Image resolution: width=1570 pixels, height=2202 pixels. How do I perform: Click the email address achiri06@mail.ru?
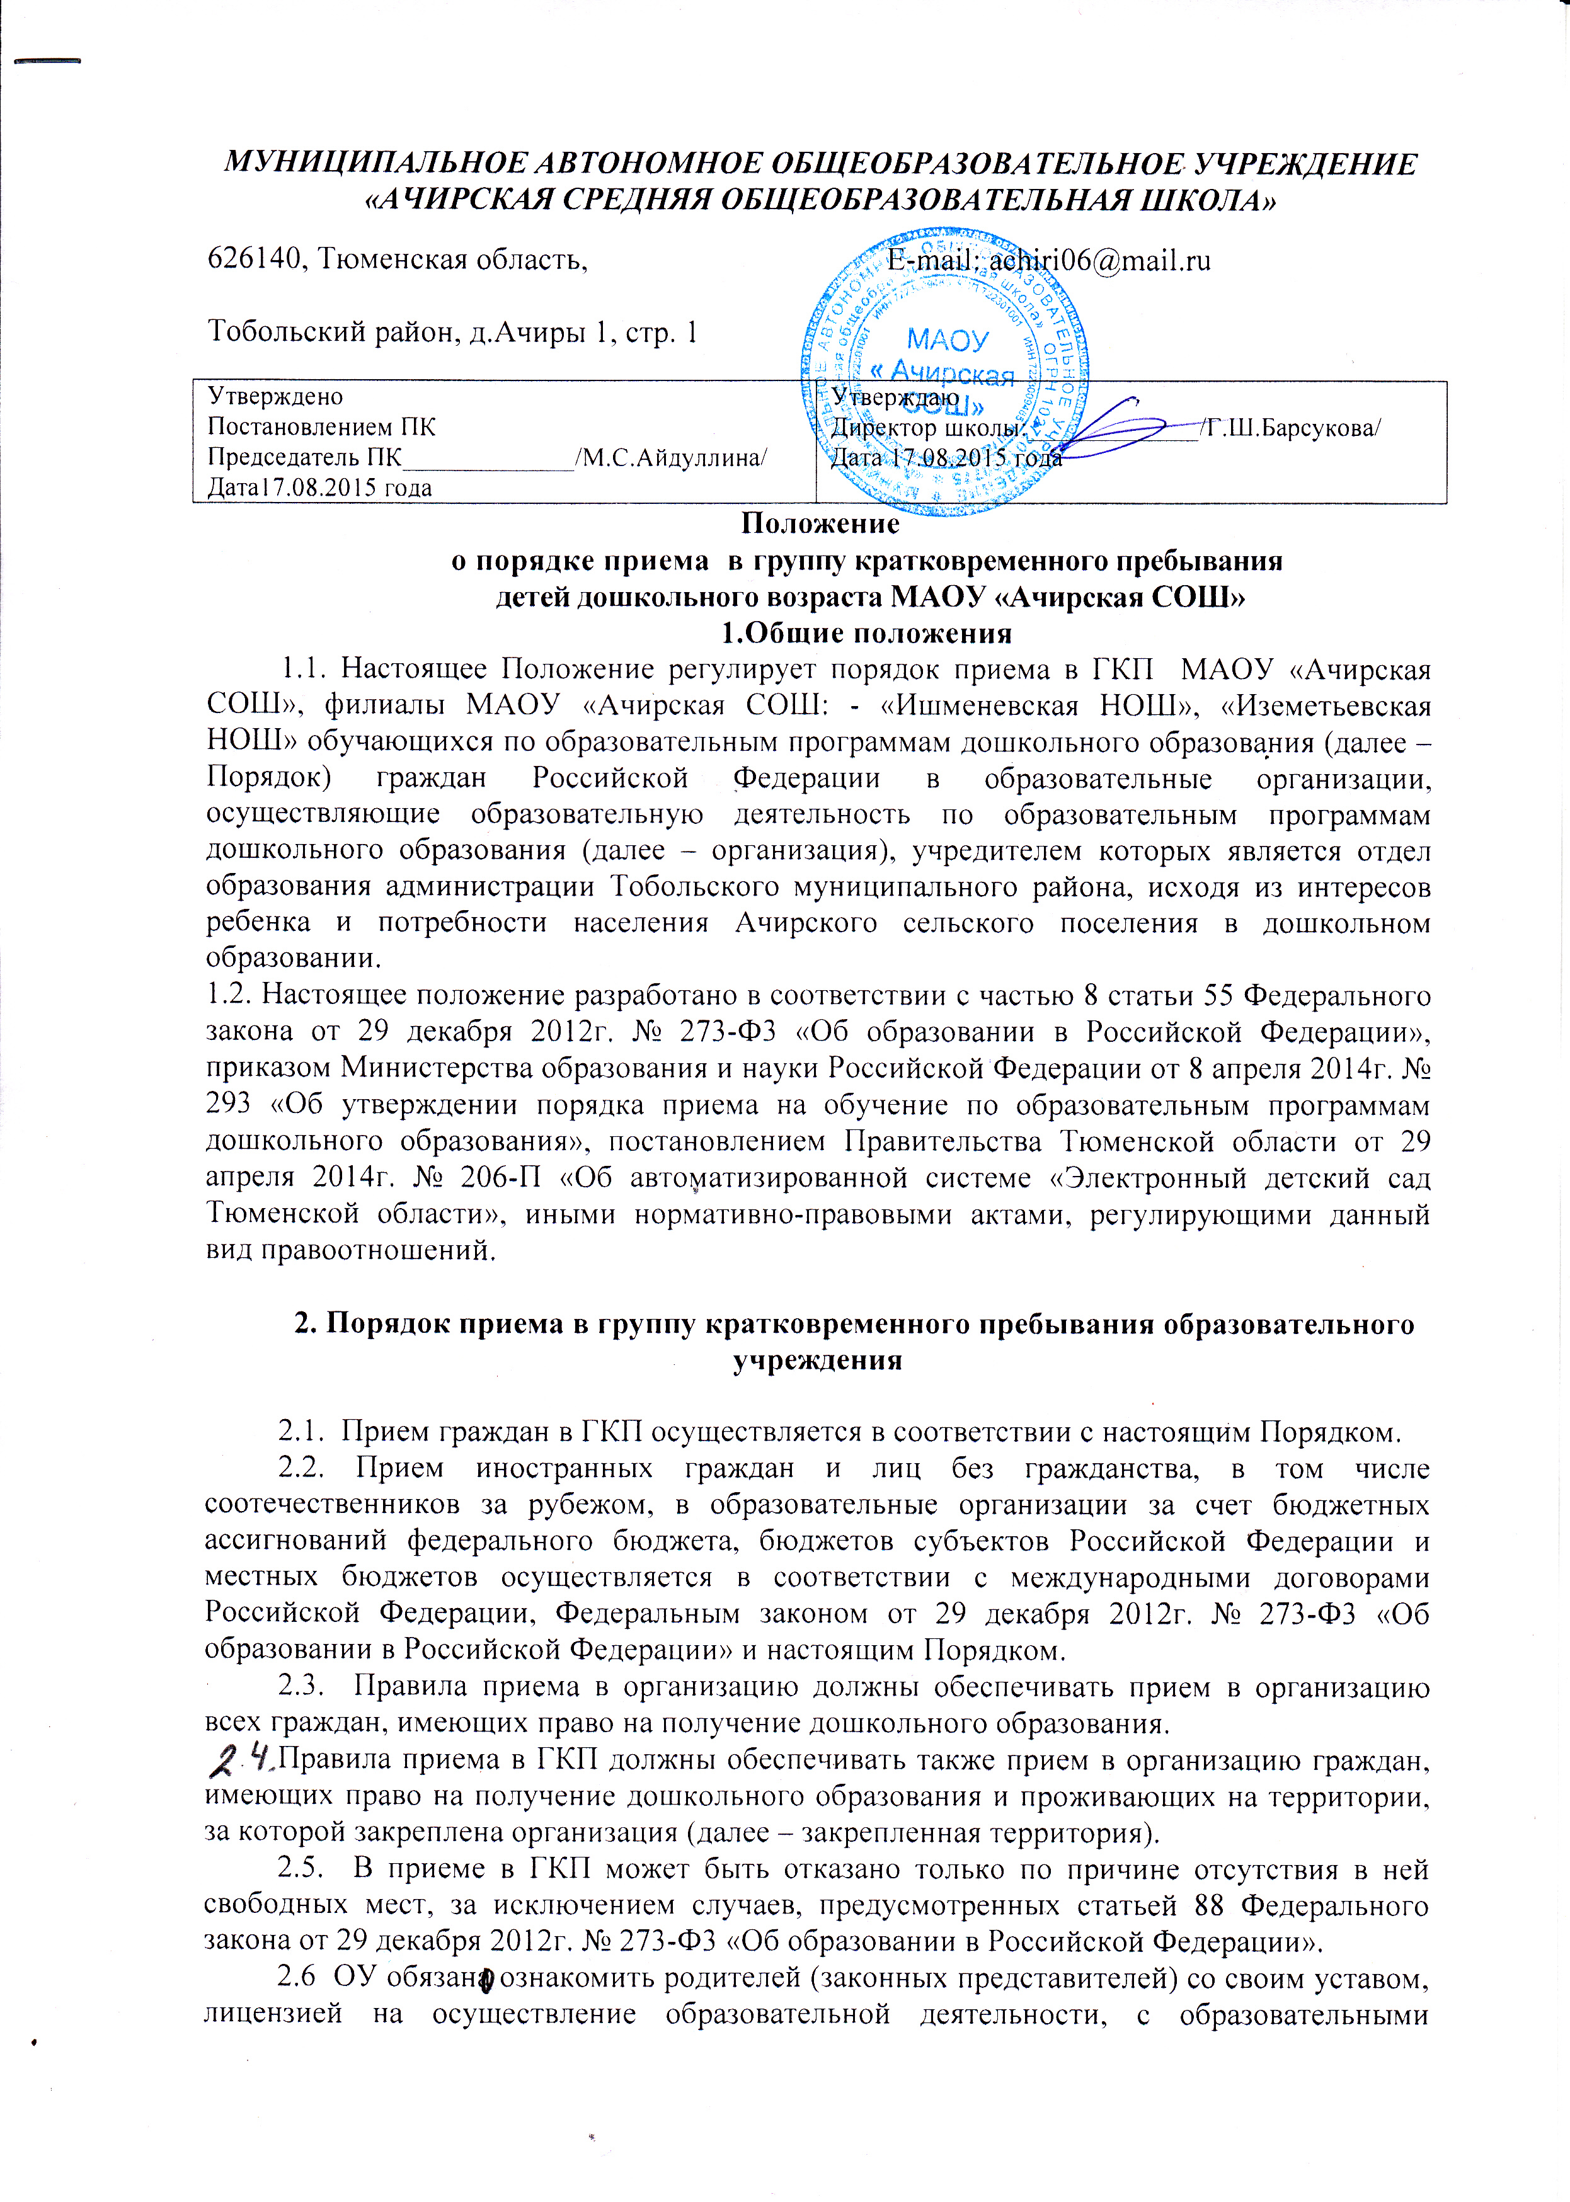[x=1100, y=260]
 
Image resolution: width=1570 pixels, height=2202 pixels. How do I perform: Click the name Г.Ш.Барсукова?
[x=1292, y=428]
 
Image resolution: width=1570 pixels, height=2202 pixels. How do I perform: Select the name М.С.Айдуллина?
[x=671, y=457]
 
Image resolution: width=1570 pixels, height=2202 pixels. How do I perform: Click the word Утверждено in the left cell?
[x=275, y=396]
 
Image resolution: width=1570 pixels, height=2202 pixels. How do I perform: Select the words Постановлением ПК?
[x=322, y=426]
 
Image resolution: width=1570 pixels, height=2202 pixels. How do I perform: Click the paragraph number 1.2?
[x=228, y=995]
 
